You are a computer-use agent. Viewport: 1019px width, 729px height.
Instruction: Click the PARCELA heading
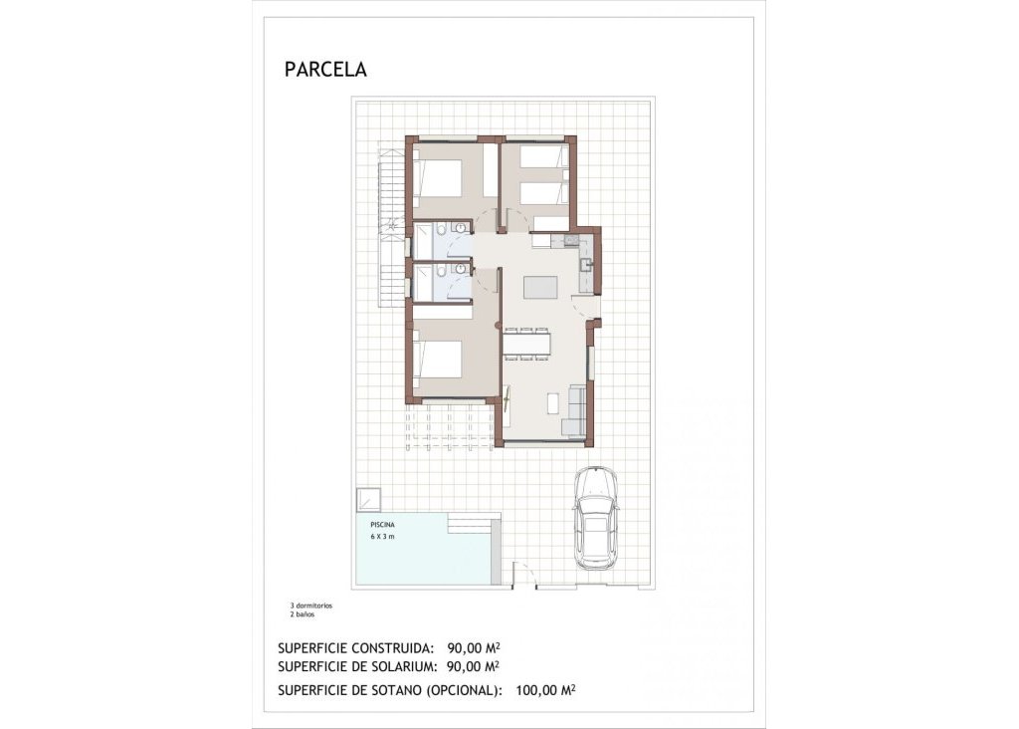click(x=325, y=70)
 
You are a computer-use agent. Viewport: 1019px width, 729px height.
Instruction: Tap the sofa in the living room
click(x=574, y=410)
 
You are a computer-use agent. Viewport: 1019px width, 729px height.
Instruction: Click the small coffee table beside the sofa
click(x=553, y=403)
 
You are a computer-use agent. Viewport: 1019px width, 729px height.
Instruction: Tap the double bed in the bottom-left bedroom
click(x=439, y=359)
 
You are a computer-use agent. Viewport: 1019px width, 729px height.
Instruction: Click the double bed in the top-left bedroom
click(x=439, y=178)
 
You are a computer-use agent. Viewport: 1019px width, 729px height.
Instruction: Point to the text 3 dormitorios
click(x=310, y=606)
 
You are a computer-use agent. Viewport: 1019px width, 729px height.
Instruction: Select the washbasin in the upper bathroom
click(x=460, y=228)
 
